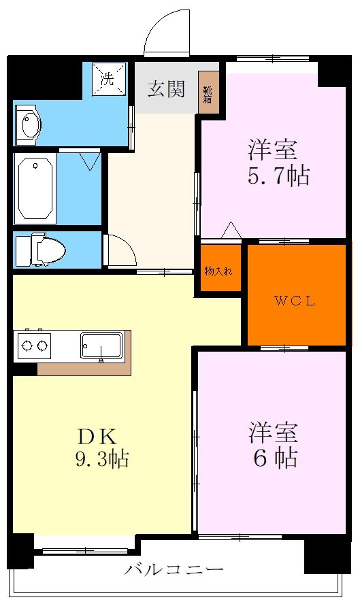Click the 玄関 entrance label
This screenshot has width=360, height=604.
coord(167,89)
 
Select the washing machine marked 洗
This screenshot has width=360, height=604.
coord(108,79)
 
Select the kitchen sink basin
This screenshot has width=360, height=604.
coord(101,345)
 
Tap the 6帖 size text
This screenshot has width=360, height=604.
coord(276,458)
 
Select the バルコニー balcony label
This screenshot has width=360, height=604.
coord(174,569)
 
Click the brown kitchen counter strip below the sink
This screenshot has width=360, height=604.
coord(85,369)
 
